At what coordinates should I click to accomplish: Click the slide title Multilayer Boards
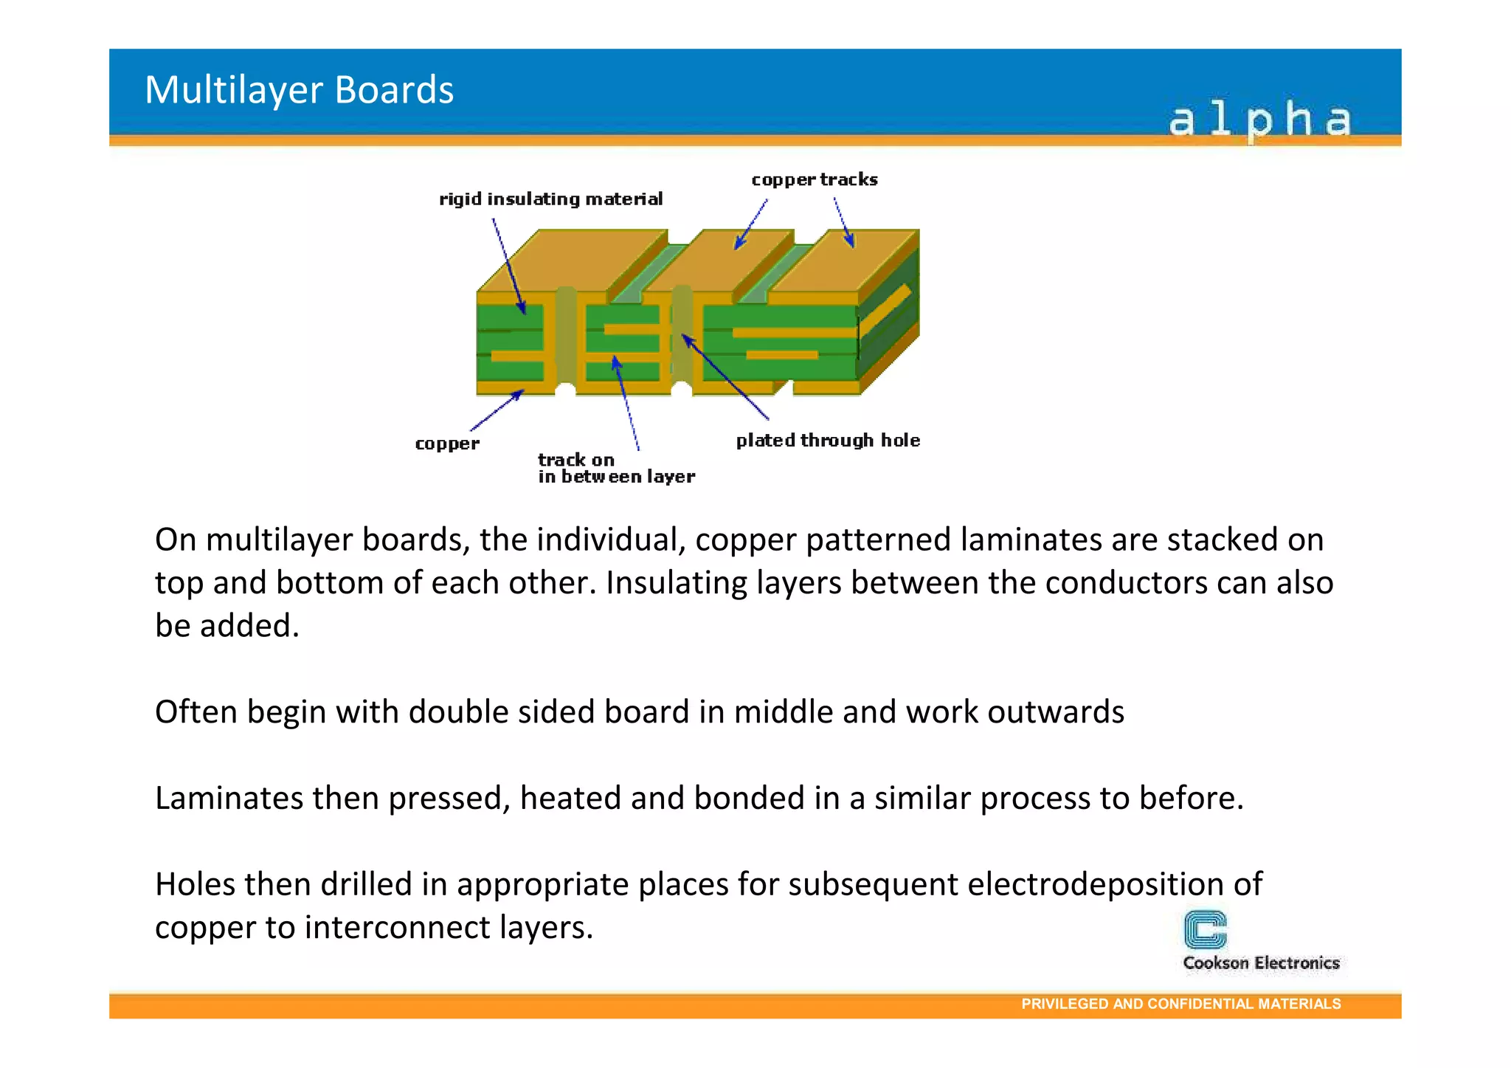299,90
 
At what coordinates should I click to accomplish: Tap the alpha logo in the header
1259,120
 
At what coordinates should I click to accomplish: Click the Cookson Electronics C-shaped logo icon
1205,929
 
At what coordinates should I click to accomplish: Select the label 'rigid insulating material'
550,199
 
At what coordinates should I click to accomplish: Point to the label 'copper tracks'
815,180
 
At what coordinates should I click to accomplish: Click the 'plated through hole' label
828,441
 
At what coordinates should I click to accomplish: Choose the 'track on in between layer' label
615,469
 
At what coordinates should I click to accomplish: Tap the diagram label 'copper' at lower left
447,444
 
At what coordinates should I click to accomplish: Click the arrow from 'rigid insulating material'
508,266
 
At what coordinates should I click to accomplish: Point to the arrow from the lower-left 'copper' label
497,410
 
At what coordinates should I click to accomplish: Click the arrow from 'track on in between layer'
626,403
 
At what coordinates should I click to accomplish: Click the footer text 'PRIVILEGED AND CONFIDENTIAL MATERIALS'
1180,1004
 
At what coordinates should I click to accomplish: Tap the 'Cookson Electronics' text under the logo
1261,963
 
